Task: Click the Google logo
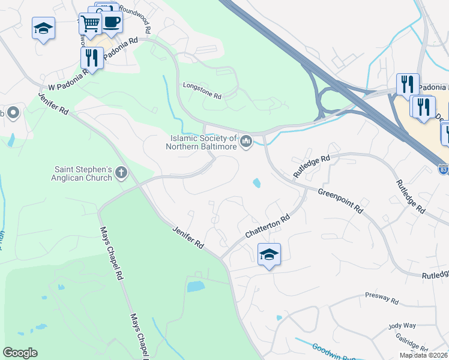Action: pyautogui.click(x=20, y=353)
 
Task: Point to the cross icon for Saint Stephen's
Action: pyautogui.click(x=121, y=173)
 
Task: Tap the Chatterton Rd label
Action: pyautogui.click(x=268, y=227)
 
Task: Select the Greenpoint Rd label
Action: pyautogui.click(x=340, y=202)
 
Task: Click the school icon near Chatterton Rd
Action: pyautogui.click(x=269, y=254)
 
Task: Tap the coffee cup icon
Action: pyautogui.click(x=111, y=23)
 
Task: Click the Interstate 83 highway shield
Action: pyautogui.click(x=443, y=169)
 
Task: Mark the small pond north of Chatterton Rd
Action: pyautogui.click(x=257, y=182)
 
